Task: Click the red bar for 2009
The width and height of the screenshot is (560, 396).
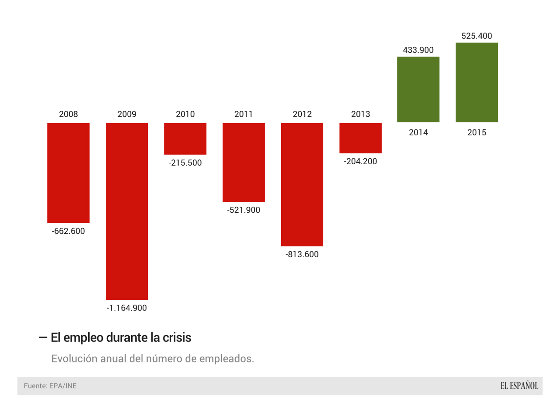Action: click(127, 211)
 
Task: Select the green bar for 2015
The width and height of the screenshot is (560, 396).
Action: click(477, 82)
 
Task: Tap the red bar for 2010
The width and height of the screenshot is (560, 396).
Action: click(185, 139)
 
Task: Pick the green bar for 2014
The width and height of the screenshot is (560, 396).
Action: click(418, 89)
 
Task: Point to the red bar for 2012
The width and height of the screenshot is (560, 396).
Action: click(302, 184)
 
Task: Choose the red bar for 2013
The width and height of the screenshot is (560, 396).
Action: click(360, 138)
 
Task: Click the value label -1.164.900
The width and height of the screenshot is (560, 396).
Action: click(127, 308)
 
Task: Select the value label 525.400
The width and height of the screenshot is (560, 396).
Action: click(477, 36)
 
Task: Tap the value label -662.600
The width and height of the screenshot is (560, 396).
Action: click(68, 231)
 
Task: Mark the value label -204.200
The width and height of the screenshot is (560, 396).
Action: click(360, 161)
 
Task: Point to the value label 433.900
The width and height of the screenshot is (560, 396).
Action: click(418, 50)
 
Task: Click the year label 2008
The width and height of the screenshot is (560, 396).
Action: click(68, 114)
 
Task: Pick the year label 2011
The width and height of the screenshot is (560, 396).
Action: click(244, 114)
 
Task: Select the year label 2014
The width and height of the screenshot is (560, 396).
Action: click(418, 132)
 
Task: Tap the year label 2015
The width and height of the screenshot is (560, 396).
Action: click(477, 132)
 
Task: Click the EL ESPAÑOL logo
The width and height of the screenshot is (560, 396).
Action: click(519, 386)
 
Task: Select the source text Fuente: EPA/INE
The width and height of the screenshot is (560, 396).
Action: click(50, 386)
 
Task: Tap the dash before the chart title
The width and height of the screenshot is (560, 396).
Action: click(43, 338)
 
